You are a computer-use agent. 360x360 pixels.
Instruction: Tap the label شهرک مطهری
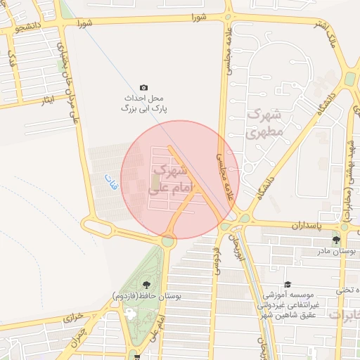coord(264,123)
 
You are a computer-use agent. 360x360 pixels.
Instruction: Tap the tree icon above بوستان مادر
coord(335,240)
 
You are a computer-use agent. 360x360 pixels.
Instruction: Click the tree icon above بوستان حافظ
coord(146,284)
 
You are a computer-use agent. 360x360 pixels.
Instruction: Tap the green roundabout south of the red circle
coord(167,241)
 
